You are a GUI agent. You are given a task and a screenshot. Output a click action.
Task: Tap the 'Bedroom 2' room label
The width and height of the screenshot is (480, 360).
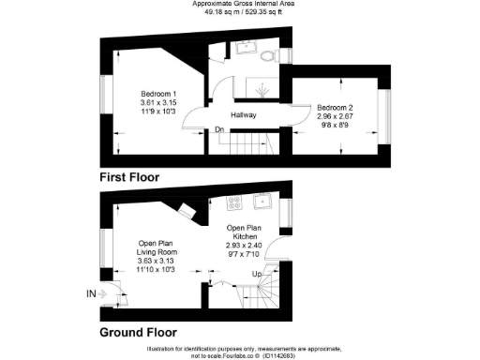[335, 108]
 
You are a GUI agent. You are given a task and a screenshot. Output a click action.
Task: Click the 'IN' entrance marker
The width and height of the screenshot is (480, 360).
[91, 293]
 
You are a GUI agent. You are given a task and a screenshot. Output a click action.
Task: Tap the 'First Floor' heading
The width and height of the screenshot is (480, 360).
[129, 176]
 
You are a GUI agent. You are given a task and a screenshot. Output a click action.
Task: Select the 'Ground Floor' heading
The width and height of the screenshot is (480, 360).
[139, 331]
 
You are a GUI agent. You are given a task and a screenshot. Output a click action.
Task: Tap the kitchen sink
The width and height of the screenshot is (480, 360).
[265, 200]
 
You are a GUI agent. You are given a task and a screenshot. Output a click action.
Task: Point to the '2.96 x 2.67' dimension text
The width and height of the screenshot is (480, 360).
[335, 117]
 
